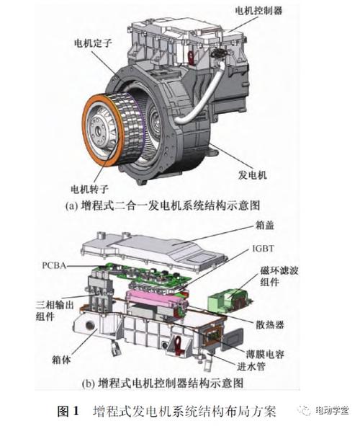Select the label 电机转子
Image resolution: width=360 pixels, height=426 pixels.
(89, 190)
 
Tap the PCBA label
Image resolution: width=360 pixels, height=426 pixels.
(54, 267)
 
